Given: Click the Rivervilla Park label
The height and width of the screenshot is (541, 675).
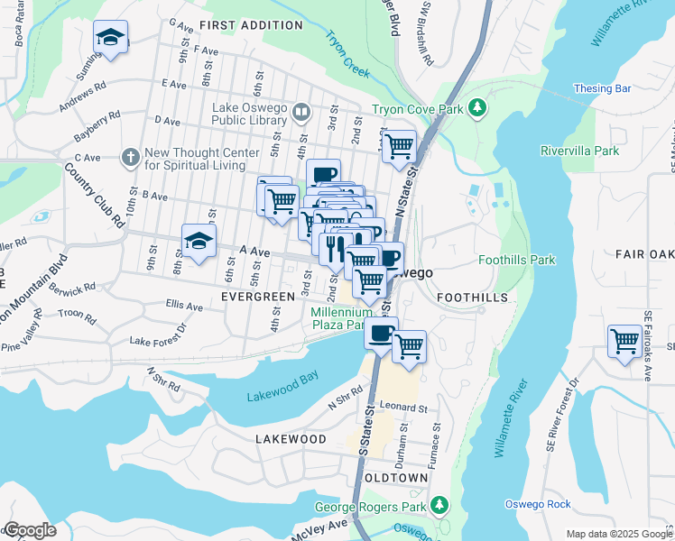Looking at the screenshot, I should pyautogui.click(x=579, y=151).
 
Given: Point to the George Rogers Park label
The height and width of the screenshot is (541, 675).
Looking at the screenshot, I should pyautogui.click(x=370, y=507).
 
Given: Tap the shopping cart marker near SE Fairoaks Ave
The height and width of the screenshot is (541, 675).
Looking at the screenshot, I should pyautogui.click(x=624, y=342).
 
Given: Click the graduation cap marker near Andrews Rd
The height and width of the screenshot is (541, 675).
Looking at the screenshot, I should pyautogui.click(x=110, y=38).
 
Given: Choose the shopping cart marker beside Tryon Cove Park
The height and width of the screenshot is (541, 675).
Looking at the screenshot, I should pyautogui.click(x=398, y=145).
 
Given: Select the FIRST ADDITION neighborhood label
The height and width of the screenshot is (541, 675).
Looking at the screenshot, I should pyautogui.click(x=251, y=25).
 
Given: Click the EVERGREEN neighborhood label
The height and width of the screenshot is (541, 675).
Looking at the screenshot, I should pyautogui.click(x=257, y=297).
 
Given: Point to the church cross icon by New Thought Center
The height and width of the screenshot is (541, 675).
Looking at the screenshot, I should pyautogui.click(x=130, y=158).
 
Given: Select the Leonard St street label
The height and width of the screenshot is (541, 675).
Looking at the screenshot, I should pyautogui.click(x=402, y=408).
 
